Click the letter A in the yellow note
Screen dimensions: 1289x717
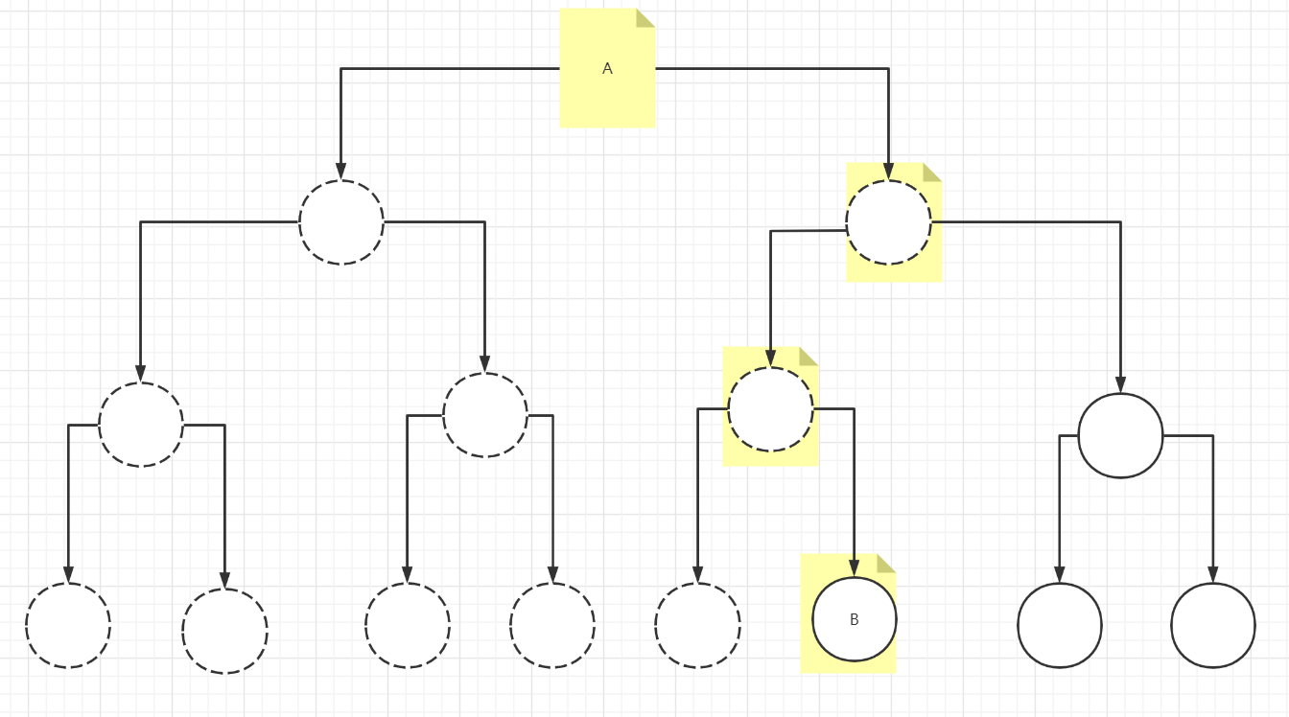point(607,69)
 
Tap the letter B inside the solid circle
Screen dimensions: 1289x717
point(855,620)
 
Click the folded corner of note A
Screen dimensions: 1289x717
point(646,16)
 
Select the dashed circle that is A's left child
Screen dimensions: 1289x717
point(341,222)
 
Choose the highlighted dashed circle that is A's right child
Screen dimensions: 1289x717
point(888,222)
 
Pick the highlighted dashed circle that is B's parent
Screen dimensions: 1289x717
point(770,409)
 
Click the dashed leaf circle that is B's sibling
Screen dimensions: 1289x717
point(697,625)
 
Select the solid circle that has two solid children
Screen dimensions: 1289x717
point(1120,435)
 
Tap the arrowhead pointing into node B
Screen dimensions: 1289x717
point(854,568)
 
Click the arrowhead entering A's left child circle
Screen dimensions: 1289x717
point(340,172)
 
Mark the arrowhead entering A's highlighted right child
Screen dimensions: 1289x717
point(888,172)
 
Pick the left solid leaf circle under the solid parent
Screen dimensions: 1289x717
point(1060,625)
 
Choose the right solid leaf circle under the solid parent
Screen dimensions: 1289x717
point(1213,625)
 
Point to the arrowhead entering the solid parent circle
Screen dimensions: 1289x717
point(1120,384)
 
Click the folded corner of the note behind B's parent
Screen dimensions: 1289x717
point(809,355)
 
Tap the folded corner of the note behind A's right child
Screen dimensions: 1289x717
point(933,171)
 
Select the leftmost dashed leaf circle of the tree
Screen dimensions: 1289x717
point(68,625)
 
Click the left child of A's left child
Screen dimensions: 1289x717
point(141,425)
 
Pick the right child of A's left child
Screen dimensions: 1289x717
point(485,415)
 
